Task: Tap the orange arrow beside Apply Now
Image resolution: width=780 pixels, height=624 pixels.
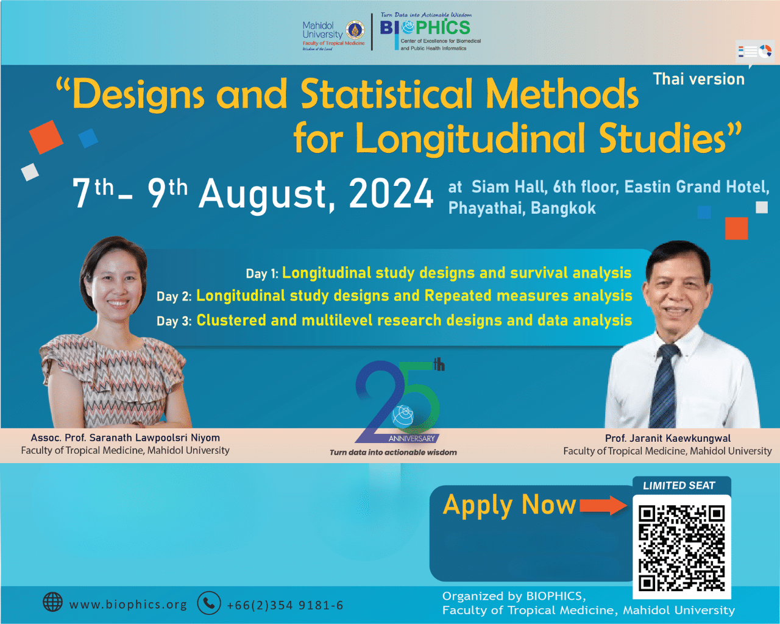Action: pos(603,505)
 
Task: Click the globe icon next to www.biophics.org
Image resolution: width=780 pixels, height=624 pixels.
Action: pos(52,602)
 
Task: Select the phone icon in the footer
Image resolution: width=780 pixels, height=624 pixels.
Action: pos(209,603)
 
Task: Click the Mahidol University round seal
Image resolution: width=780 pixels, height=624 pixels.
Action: pos(355,30)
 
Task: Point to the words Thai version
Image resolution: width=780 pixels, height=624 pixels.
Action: pos(698,79)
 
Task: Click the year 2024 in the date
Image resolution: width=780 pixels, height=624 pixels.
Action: pos(391,194)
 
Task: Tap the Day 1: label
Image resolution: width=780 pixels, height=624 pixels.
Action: pos(262,274)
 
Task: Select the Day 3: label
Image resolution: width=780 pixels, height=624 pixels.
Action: pos(174,321)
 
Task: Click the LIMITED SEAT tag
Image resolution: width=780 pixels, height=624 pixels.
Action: pos(679,486)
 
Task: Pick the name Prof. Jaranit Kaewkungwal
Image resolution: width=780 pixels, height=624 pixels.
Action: pos(668,438)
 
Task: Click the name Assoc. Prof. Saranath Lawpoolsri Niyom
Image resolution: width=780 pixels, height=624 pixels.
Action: pos(126,438)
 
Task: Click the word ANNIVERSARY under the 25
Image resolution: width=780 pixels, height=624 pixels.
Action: pos(411,439)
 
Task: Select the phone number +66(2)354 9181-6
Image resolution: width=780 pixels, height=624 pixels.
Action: pos(285,605)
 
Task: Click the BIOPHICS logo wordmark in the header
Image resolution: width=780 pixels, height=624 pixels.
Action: pos(425,27)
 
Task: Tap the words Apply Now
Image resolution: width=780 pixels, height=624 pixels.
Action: pos(509,505)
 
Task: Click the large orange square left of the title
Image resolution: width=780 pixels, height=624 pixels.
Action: pos(46,137)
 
